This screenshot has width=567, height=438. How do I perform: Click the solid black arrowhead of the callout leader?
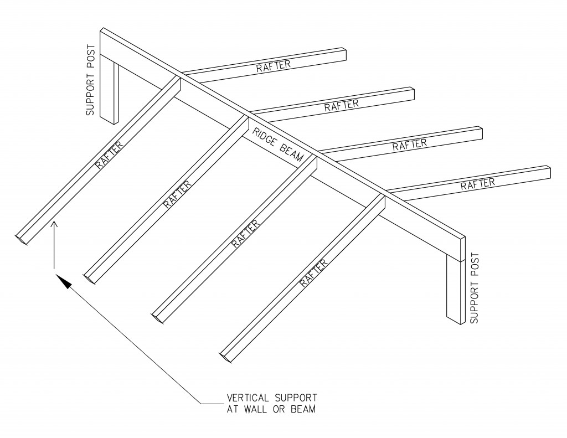click(65, 282)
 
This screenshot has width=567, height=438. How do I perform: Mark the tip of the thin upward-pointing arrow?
click(54, 222)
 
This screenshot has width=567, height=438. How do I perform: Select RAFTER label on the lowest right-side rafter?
click(477, 183)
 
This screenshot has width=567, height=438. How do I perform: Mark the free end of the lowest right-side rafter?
click(548, 172)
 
